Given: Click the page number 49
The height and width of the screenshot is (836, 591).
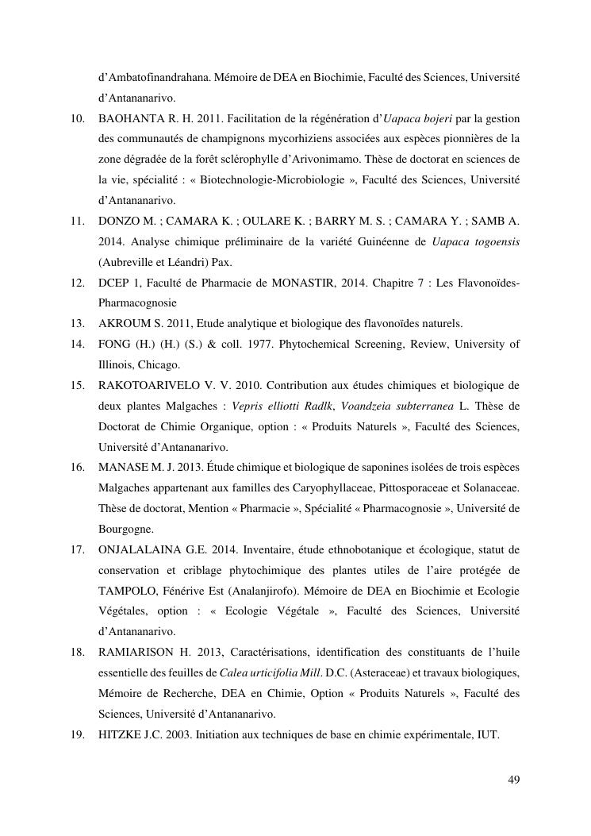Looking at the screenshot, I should click(513, 780).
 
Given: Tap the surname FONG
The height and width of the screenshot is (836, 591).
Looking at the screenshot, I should click(115, 344).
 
